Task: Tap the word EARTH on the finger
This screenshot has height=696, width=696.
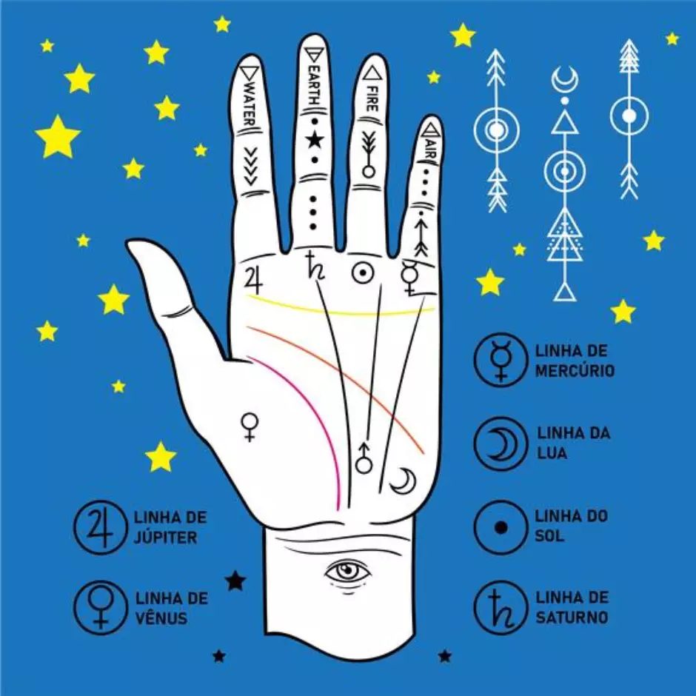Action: (x=313, y=85)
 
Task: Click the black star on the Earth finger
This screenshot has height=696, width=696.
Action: (x=315, y=140)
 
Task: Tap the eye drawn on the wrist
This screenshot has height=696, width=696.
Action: (x=347, y=572)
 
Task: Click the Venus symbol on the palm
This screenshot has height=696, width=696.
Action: (x=250, y=427)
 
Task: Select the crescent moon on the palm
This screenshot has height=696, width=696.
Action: (x=404, y=481)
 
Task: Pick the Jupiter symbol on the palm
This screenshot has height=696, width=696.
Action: (x=254, y=280)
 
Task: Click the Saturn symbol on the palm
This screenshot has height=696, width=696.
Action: (x=315, y=266)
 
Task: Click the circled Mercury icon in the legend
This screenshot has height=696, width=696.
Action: (x=501, y=359)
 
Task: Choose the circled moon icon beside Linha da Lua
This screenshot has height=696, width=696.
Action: (x=501, y=444)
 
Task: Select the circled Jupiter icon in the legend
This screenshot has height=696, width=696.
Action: (x=100, y=527)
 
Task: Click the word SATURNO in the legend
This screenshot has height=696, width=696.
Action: (x=572, y=617)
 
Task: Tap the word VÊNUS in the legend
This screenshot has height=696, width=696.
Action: (x=161, y=618)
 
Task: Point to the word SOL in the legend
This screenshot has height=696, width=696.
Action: (x=549, y=536)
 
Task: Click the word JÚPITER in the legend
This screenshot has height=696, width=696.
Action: (x=165, y=537)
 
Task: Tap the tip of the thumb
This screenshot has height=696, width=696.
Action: (x=130, y=244)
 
